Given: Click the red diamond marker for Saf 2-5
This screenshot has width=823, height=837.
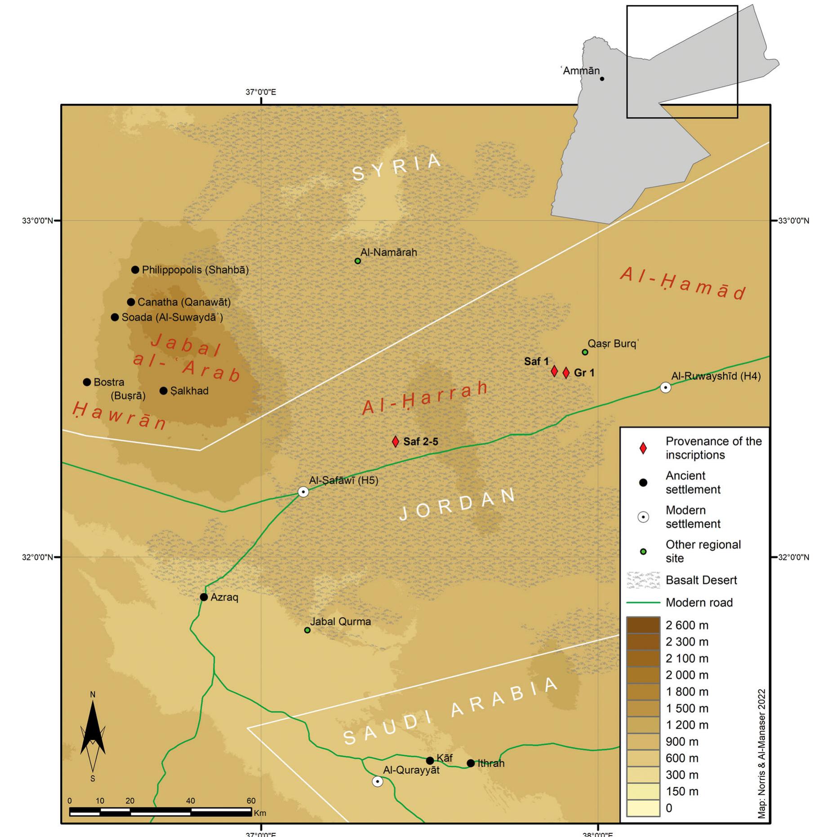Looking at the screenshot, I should coord(395,441).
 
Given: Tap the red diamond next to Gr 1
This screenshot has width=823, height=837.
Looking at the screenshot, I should coord(566,373).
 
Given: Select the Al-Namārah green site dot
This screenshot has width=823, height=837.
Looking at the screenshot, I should coord(358,261).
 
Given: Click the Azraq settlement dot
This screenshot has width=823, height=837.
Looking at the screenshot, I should coord(204,597).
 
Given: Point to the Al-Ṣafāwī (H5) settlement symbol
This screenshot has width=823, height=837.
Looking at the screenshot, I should coord(303,492).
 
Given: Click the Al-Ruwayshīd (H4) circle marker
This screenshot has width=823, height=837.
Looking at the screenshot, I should coord(666,387).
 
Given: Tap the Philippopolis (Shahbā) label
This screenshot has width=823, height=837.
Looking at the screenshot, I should coord(195,270).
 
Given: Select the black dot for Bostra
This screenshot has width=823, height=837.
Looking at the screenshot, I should coord(87,382).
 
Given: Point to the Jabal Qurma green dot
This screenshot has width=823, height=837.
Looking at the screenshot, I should coord(307,630).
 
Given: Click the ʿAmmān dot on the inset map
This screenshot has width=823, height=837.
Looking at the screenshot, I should coord(602,79).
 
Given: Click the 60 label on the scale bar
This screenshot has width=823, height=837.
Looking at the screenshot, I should coord(251,801).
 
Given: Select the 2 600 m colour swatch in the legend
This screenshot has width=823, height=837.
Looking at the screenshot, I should coord(643,625).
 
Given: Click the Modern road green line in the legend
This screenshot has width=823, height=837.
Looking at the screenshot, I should coord(643,603).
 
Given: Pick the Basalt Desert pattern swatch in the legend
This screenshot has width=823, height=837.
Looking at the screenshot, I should coord(643,580).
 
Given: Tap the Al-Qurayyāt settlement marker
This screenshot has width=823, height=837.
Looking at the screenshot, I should coord(378,782).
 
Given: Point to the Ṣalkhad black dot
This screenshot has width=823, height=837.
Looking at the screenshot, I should coord(164,391).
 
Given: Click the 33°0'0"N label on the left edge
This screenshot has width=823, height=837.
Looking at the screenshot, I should coord(38,220).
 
